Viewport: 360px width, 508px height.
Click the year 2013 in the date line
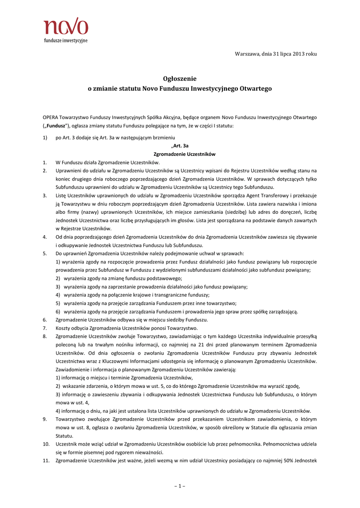tap(298, 54)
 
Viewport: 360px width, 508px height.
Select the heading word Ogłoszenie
tap(180, 78)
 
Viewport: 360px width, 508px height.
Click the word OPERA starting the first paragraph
tap(51, 117)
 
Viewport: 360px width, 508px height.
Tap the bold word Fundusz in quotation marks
tap(56, 126)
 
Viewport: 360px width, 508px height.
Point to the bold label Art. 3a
tap(181, 146)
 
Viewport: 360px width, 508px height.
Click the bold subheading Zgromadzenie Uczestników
tap(179, 154)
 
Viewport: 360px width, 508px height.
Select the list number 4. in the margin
tap(45, 237)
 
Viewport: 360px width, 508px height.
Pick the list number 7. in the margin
tap(45, 328)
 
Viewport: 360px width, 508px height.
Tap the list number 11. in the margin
tap(45, 461)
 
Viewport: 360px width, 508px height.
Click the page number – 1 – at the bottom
tap(180, 485)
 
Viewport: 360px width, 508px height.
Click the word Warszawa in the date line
tap(247, 54)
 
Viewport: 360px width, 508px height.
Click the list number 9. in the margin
tap(45, 419)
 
